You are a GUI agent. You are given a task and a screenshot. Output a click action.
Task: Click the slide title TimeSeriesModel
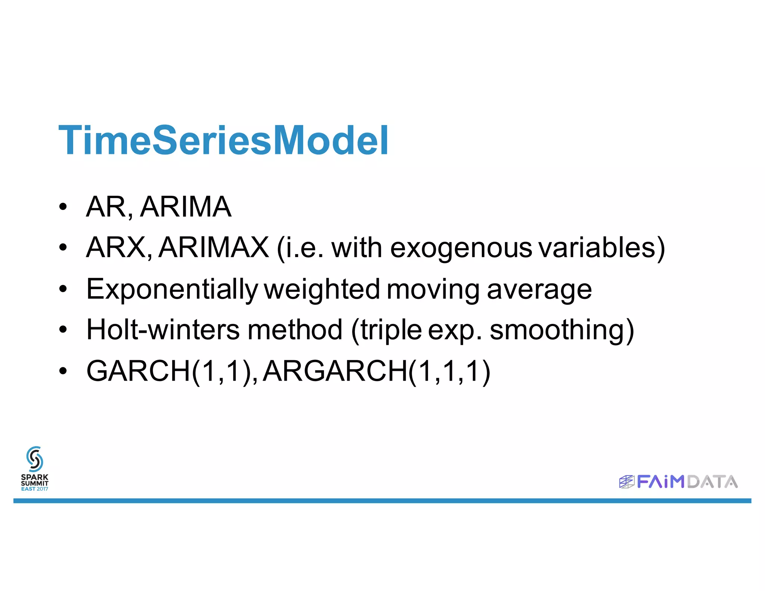pyautogui.click(x=223, y=140)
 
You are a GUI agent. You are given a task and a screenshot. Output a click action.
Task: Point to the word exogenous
pyautogui.click(x=461, y=248)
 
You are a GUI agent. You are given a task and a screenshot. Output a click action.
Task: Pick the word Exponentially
pyautogui.click(x=172, y=289)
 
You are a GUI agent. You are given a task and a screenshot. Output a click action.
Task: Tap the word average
pyautogui.click(x=539, y=289)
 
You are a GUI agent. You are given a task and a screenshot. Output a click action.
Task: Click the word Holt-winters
pyautogui.click(x=163, y=329)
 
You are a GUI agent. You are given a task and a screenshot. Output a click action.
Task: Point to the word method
pyautogui.click(x=295, y=329)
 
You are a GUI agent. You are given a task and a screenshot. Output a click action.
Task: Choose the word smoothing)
pyautogui.click(x=562, y=330)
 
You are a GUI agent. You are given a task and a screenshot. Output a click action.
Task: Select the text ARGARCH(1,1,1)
pyautogui.click(x=377, y=371)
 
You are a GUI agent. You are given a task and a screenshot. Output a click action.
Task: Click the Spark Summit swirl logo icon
pyautogui.click(x=35, y=459)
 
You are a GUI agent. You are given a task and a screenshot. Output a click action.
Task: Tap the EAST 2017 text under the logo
pyautogui.click(x=34, y=489)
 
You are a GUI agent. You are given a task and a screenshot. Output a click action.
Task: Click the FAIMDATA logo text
pyautogui.click(x=687, y=482)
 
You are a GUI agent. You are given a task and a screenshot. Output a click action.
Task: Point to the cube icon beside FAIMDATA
pyautogui.click(x=627, y=482)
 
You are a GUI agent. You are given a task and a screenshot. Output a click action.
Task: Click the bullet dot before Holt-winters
pyautogui.click(x=63, y=329)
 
